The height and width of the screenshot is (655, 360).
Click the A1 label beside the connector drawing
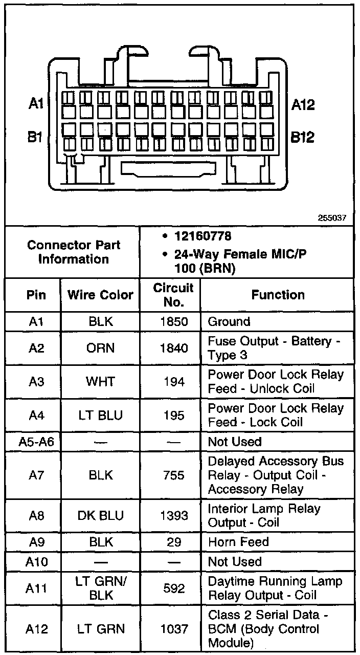(36, 103)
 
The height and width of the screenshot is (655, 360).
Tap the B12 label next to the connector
(302, 137)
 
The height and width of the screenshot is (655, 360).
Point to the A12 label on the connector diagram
(303, 105)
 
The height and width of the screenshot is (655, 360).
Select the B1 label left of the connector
(35, 137)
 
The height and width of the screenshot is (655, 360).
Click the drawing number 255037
(332, 218)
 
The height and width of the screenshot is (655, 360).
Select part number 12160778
(203, 236)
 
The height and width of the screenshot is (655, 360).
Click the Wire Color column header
(100, 295)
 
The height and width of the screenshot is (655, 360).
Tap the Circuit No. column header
(173, 295)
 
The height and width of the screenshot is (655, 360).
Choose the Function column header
(278, 295)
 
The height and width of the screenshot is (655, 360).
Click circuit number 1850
(174, 322)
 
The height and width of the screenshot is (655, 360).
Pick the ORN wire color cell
(100, 348)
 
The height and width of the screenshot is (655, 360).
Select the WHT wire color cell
(100, 382)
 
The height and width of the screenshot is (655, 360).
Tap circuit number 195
(174, 415)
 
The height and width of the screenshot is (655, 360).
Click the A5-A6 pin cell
(36, 442)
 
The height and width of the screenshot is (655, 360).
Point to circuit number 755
(174, 475)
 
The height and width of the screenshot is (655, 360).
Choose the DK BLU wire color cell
(101, 515)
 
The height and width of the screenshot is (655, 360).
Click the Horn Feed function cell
(238, 542)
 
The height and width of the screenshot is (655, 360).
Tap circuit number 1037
(174, 629)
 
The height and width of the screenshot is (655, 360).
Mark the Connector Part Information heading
(74, 252)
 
